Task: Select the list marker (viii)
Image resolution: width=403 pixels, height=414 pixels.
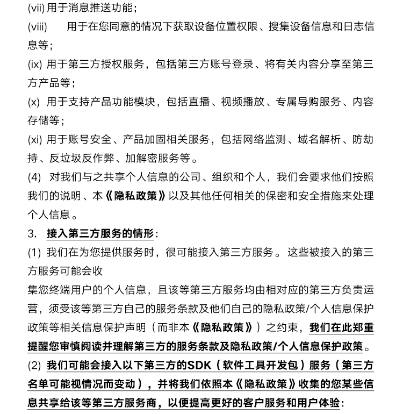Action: coord(37,27)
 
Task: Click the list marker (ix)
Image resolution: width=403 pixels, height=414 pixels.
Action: coord(34,65)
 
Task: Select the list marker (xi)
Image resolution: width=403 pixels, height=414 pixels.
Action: coord(34,139)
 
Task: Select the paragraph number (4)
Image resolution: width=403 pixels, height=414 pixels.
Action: coord(34,177)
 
